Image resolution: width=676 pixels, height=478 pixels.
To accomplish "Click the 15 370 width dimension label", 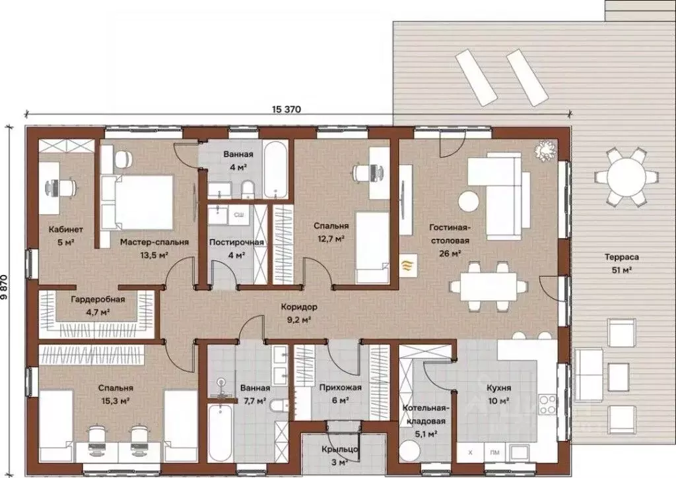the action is tap(287, 109).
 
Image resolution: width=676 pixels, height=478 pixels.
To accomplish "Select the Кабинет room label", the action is tap(65, 229).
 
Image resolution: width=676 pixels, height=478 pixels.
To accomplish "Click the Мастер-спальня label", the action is tap(154, 242).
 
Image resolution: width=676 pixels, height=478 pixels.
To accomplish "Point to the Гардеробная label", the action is tap(98, 299).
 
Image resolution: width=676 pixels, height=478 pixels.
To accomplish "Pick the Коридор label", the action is tap(299, 307).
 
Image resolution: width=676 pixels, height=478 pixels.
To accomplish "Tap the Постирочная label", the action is tap(236, 243).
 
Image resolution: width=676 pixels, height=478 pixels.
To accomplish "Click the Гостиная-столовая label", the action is tap(449, 234).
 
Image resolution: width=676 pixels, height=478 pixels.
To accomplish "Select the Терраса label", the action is tap(621, 257).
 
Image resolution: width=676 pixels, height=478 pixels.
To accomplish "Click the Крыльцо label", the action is tap(340, 450).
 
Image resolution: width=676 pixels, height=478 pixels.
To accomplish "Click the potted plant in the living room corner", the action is tap(545, 151).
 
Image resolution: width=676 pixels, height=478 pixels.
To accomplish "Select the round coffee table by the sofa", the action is tap(468, 200).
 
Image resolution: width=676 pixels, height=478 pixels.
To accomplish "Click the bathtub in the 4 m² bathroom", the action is tap(275, 170).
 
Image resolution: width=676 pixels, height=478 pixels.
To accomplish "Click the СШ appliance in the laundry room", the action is tap(238, 214).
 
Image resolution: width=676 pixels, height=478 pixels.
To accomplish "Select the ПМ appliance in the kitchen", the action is tap(494, 452).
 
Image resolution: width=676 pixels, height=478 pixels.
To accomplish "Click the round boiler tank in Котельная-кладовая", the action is tap(409, 452).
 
